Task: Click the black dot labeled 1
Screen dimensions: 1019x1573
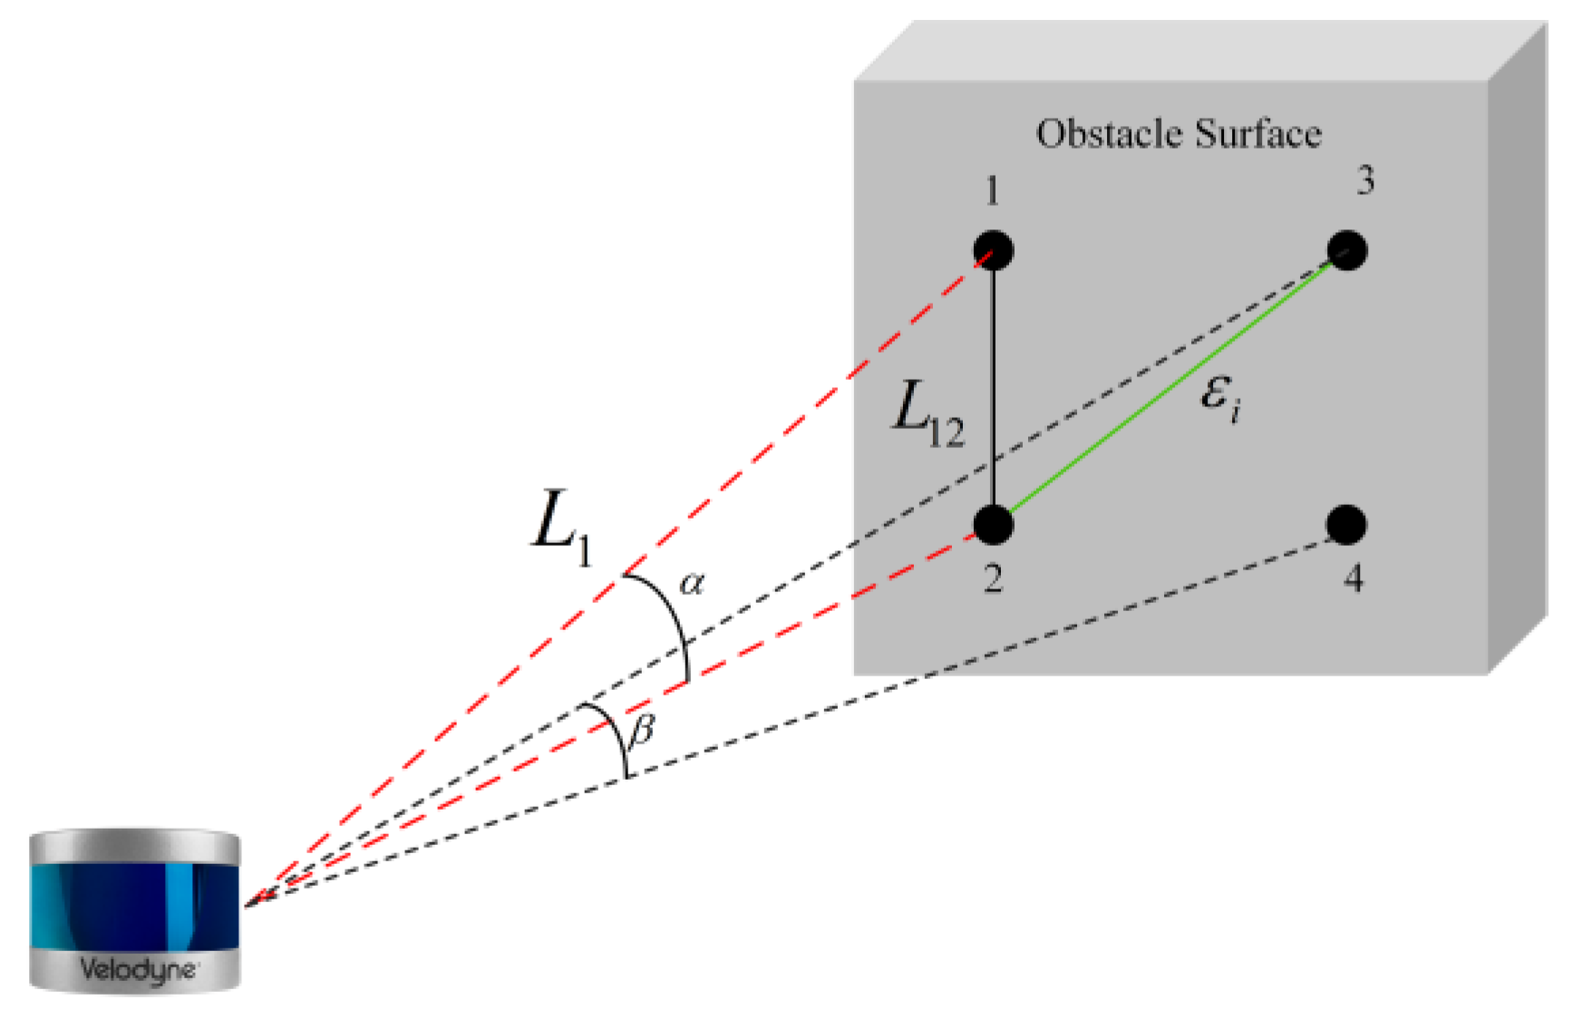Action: pos(993,251)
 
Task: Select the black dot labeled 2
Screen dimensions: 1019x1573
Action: pos(993,525)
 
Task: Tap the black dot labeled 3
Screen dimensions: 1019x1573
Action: pos(1346,250)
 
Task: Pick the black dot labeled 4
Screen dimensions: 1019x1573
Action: pos(1346,525)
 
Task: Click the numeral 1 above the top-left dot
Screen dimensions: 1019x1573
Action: pos(992,191)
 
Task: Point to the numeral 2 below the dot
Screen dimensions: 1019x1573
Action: pos(993,578)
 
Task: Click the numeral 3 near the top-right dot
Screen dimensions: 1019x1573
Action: pos(1364,180)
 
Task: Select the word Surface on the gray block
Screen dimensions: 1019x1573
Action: pos(1257,134)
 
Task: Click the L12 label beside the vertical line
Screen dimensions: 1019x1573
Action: pos(927,415)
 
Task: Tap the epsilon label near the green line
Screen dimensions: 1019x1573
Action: pos(1219,397)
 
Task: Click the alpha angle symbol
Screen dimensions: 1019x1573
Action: pos(692,583)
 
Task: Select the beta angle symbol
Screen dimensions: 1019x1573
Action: pos(642,728)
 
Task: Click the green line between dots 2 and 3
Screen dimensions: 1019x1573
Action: pos(1170,388)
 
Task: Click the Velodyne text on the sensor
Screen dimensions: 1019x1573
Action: pos(137,969)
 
